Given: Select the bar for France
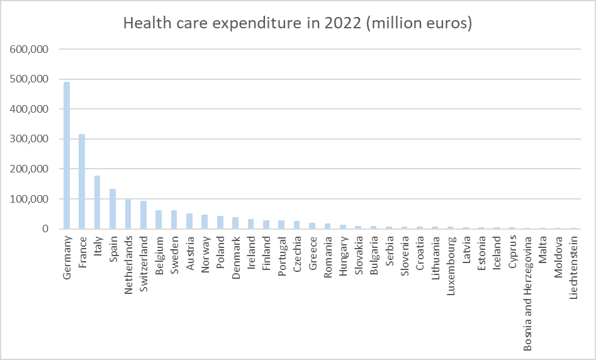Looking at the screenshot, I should pos(82,182).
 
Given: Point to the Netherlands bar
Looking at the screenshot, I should pos(128,215).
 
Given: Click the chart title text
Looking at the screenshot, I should pos(298,23).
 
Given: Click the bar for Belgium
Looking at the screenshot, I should pos(159,220).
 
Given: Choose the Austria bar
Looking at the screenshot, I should pos(189,222).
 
